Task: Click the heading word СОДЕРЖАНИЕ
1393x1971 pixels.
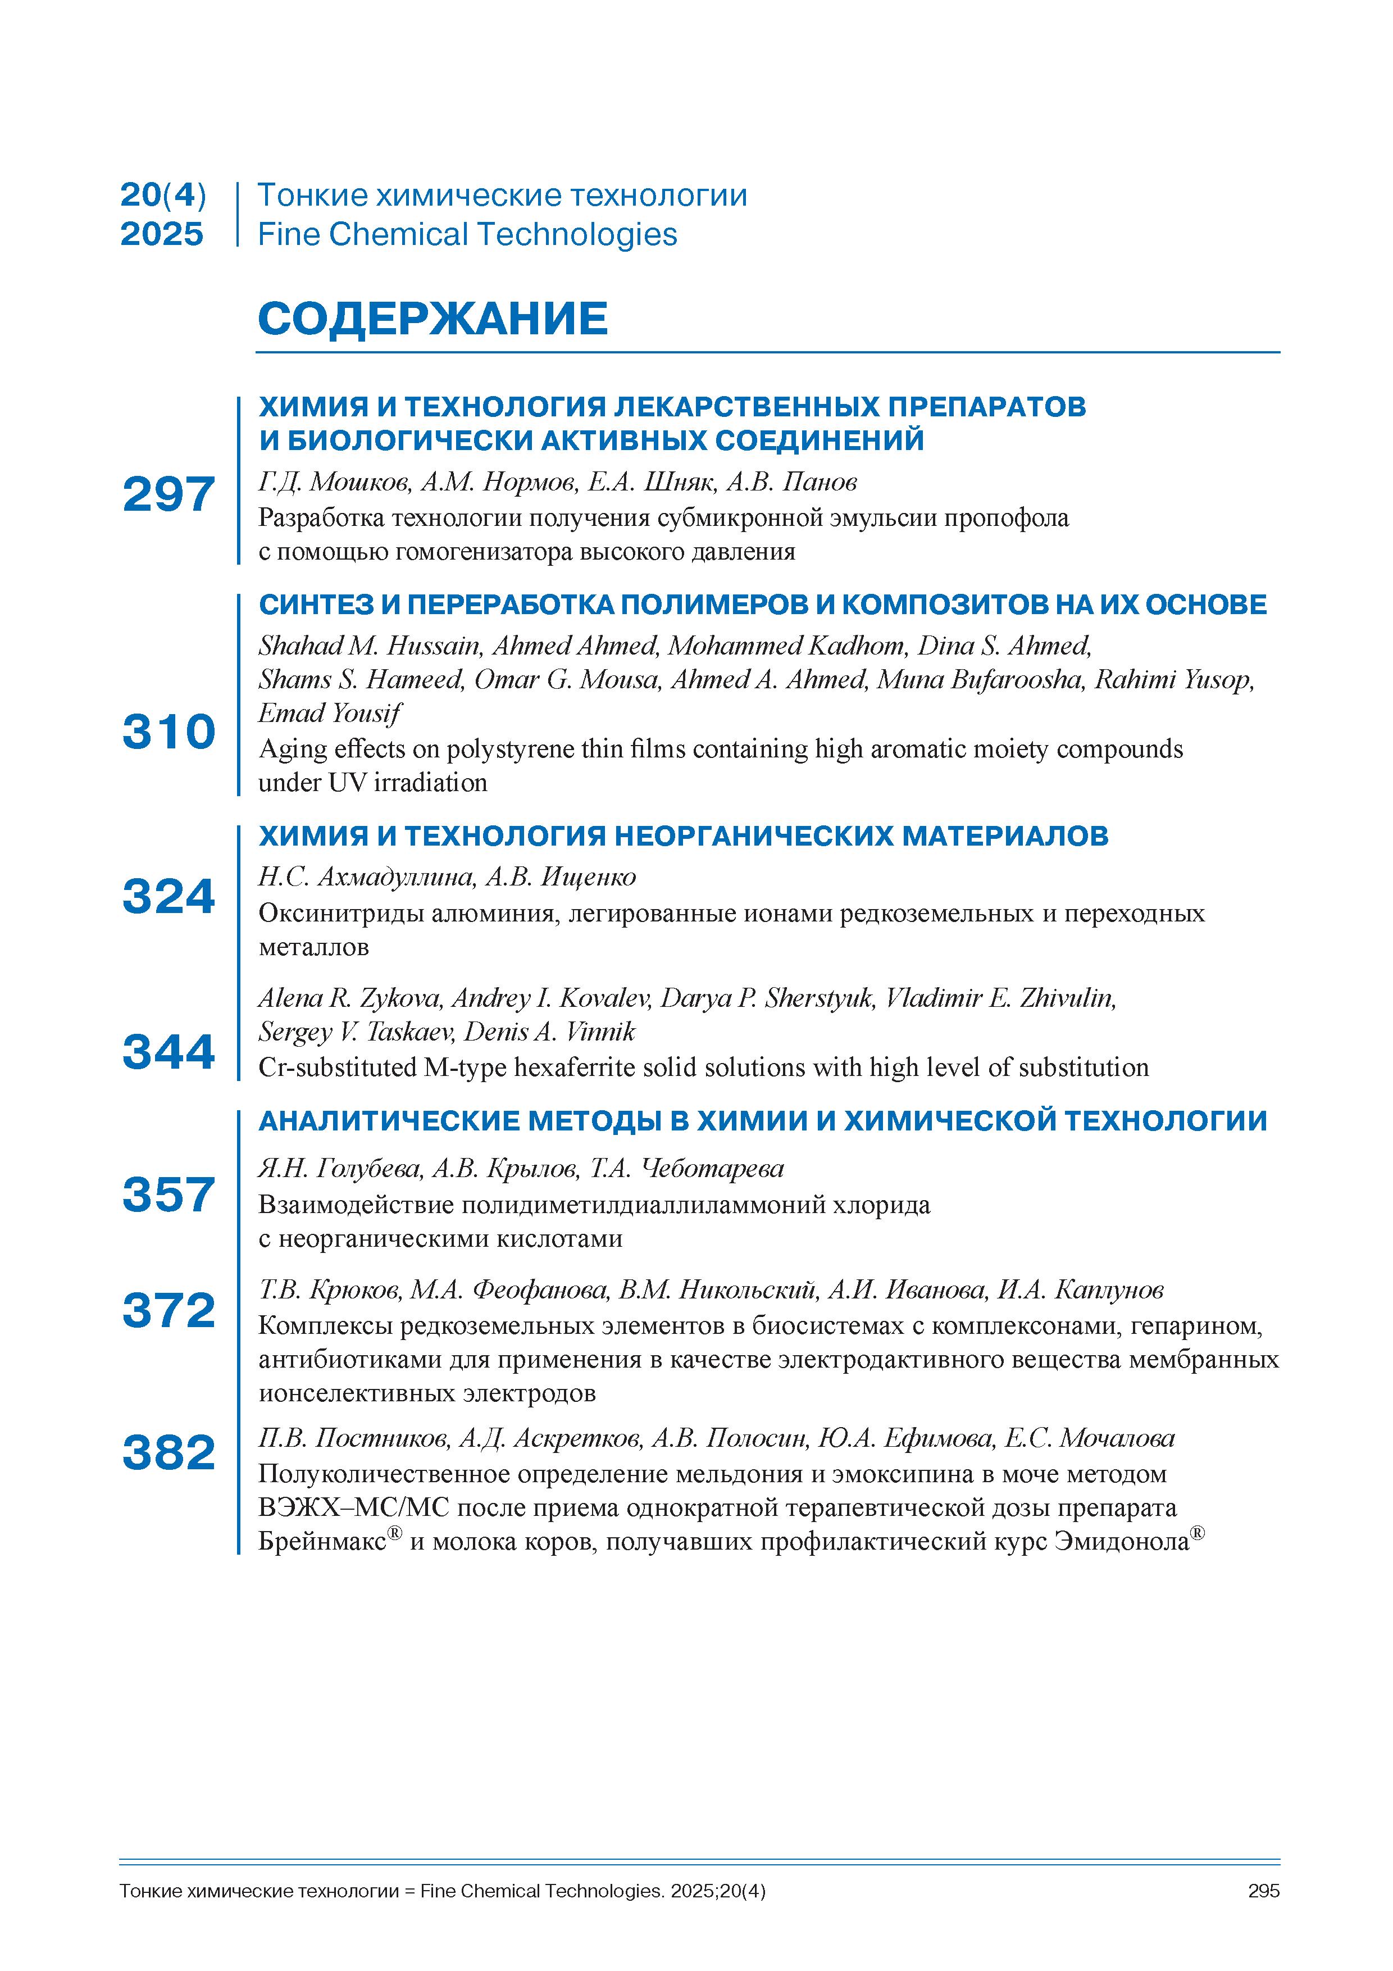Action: [x=433, y=319]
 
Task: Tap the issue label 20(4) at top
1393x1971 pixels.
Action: [x=163, y=196]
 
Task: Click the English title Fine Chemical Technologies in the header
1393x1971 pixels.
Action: [x=468, y=234]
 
